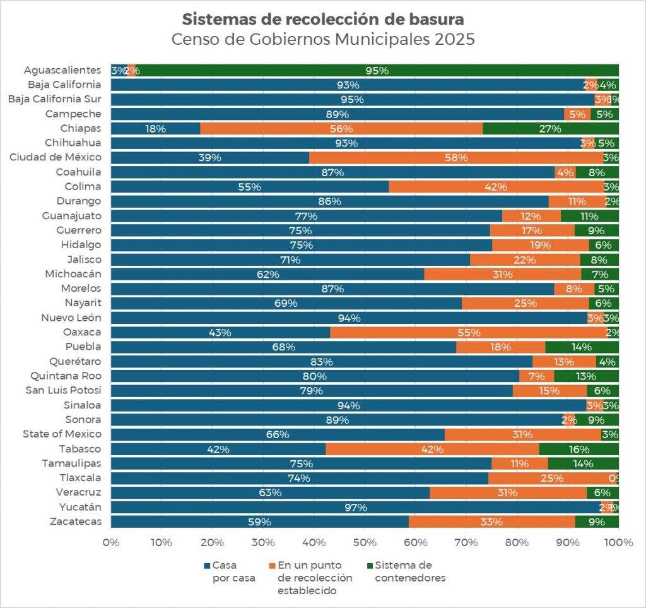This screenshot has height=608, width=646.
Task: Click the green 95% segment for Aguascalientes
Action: (377, 70)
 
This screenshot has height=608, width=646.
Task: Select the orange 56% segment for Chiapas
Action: (341, 128)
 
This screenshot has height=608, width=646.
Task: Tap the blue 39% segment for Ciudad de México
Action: (210, 157)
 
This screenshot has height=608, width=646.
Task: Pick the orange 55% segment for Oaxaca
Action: (468, 332)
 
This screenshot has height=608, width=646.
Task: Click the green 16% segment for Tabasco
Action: (578, 449)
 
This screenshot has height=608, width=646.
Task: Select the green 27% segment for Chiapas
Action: (550, 128)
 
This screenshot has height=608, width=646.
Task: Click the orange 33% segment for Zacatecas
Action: (491, 522)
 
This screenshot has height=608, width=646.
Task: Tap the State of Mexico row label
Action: (62, 434)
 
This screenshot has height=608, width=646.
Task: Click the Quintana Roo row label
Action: (66, 376)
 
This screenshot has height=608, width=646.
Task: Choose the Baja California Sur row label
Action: (54, 99)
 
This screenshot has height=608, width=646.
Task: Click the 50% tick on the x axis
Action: (365, 542)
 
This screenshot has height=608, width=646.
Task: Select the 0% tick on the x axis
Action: (111, 542)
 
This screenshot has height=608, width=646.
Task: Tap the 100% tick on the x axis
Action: (618, 542)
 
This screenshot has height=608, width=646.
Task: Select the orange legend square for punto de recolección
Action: (272, 566)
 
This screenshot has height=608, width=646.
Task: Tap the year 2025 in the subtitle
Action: (454, 39)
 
